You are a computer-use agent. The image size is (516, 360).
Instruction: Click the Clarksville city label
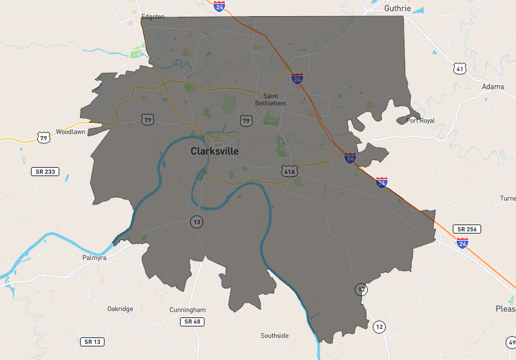[x=214, y=151]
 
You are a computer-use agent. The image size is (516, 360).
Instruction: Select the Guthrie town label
[x=387, y=8]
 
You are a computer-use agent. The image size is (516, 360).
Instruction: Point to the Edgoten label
[x=154, y=17]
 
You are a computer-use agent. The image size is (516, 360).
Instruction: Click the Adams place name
[x=493, y=86]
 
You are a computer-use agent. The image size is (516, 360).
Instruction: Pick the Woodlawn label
[x=71, y=132]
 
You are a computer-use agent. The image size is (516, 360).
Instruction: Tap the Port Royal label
[x=421, y=121]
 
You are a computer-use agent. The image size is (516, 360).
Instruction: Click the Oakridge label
[x=120, y=309]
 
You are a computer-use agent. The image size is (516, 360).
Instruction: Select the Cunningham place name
[x=188, y=310]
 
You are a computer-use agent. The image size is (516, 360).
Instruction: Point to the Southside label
[x=275, y=335]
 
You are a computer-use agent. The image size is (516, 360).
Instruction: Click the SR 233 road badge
[x=46, y=171]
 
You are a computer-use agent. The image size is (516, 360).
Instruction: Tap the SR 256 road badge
[x=468, y=229]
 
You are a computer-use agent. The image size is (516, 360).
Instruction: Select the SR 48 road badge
[x=192, y=321]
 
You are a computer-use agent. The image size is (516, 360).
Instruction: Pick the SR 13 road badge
[x=93, y=341]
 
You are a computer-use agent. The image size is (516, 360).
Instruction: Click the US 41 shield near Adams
[x=459, y=68]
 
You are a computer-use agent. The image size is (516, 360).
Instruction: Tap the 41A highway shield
[x=288, y=171]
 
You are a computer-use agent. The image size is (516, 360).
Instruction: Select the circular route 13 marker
[x=196, y=222]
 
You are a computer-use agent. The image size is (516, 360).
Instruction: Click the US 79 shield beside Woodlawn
[x=43, y=137]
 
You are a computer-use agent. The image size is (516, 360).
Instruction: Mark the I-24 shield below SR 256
[x=462, y=243]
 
